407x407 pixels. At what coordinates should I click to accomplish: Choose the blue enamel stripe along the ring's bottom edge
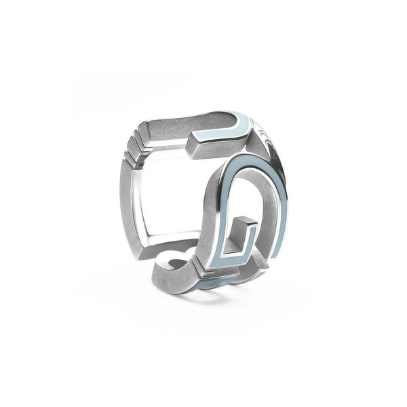[x=224, y=281]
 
